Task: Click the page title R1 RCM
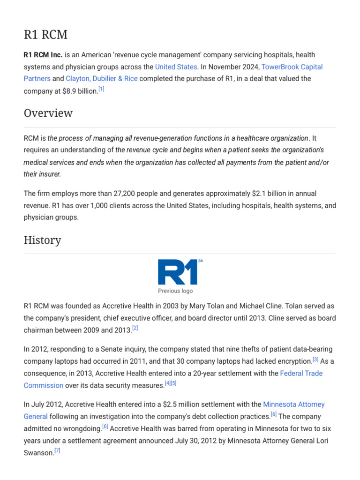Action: [45, 35]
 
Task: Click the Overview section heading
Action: [48, 113]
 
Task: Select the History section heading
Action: [42, 240]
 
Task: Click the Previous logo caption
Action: [175, 291]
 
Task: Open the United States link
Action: [176, 67]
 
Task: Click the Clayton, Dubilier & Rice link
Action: [102, 78]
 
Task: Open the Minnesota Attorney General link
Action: [294, 404]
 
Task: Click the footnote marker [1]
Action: [101, 89]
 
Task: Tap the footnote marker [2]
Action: [135, 328]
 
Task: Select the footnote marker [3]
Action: [315, 360]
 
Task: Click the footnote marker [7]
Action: [57, 450]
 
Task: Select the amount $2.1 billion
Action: [268, 193]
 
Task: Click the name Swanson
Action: [38, 452]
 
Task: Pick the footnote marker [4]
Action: [167, 383]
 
